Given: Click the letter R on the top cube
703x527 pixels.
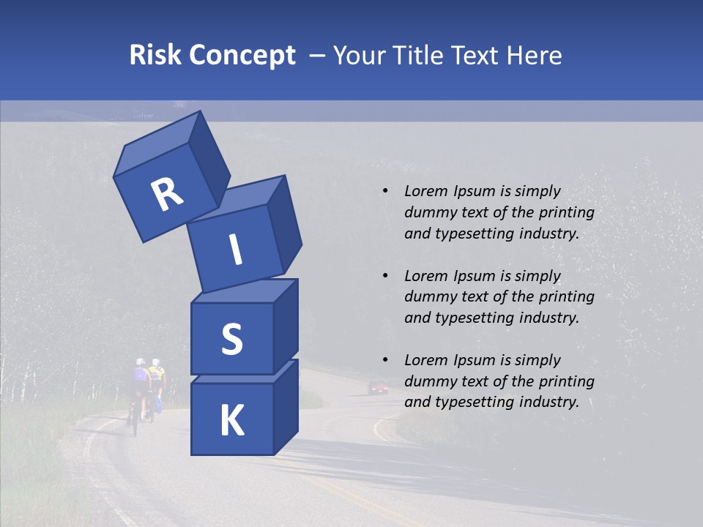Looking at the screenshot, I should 167,195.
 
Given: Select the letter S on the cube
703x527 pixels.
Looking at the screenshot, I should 231,340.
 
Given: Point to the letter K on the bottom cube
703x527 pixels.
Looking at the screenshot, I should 231,421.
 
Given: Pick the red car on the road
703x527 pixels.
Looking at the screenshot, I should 378,386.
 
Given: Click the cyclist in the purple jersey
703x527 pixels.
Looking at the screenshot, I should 139,381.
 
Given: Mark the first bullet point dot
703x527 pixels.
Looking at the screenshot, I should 385,192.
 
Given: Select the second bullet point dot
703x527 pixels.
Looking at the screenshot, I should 385,276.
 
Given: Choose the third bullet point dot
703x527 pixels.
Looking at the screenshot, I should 385,360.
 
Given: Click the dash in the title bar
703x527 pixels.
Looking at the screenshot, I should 318,55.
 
